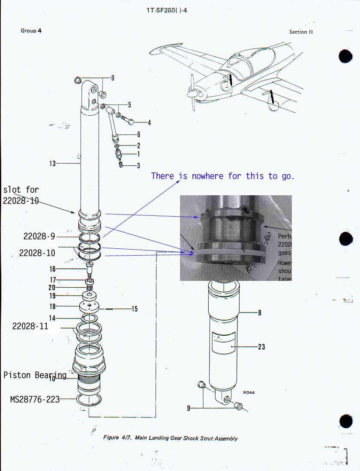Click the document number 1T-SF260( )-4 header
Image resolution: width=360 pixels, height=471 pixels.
166,10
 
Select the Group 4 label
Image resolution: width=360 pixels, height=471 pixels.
31,31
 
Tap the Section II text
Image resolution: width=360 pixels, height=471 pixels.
301,32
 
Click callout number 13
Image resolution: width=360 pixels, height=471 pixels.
52,163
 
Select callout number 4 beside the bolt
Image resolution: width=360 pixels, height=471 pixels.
149,123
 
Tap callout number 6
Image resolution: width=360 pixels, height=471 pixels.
139,134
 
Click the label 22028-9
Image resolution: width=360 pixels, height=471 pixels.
39,236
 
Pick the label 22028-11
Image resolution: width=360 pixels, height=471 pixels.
30,326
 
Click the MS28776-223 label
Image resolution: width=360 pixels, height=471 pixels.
35,399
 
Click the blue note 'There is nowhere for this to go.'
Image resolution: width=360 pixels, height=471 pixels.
223,176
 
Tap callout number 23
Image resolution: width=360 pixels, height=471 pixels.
261,346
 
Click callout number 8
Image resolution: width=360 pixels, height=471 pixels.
259,313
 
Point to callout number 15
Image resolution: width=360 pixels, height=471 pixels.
135,309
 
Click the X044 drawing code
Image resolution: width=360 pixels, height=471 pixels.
248,392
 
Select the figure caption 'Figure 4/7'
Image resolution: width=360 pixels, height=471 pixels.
170,438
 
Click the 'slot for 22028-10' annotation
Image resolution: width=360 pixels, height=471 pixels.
21,195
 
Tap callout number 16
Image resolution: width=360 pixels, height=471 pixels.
53,269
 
